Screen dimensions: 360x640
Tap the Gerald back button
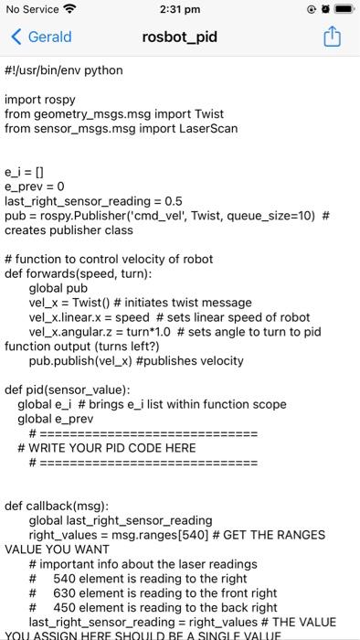pos(41,37)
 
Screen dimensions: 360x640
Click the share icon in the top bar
pos(333,37)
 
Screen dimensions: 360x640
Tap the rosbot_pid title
pos(180,37)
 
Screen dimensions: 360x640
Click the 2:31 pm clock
pos(180,10)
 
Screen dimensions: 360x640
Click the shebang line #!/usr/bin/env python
pos(64,70)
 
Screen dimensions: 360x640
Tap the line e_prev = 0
pos(35,186)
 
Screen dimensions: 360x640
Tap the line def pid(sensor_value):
pos(68,389)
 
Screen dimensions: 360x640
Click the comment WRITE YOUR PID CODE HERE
pos(114,448)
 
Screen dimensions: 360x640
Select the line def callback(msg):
pos(57,506)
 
